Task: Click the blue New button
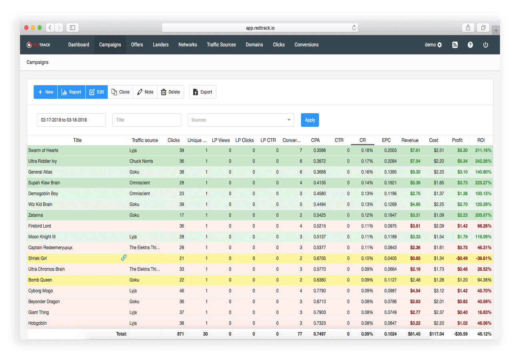(x=46, y=92)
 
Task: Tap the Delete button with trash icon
(x=170, y=92)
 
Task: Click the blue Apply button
(x=310, y=120)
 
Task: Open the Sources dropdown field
(x=241, y=120)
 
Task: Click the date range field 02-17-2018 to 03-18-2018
(x=71, y=120)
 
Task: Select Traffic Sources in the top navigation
(x=221, y=45)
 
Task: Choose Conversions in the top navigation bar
(x=306, y=45)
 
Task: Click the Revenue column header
(x=410, y=140)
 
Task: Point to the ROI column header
(x=481, y=140)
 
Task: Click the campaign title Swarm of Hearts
(x=43, y=150)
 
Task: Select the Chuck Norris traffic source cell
(x=142, y=161)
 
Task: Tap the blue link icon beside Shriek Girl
(x=124, y=258)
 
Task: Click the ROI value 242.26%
(x=482, y=161)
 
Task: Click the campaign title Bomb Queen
(x=40, y=280)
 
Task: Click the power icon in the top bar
(x=486, y=45)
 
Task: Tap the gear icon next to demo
(x=440, y=45)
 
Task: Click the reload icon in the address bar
(x=354, y=28)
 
